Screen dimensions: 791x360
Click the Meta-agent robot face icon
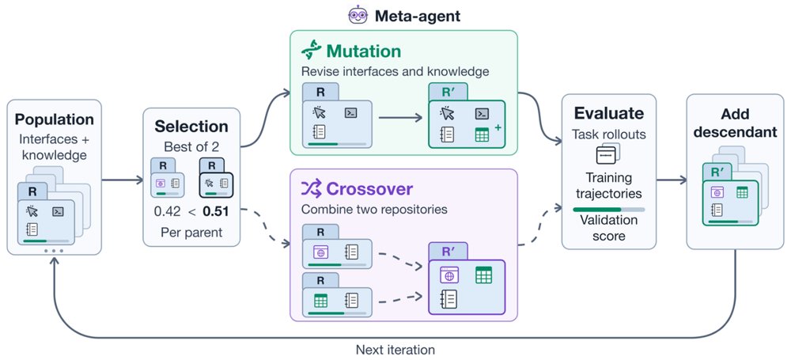tap(358, 15)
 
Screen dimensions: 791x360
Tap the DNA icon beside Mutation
tap(311, 50)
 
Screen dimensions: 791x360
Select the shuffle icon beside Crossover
tap(311, 189)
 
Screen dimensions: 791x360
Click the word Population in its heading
tap(54, 119)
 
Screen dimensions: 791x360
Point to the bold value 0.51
tap(215, 210)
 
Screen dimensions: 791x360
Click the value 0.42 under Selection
tap(167, 210)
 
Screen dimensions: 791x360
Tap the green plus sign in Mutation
tap(498, 128)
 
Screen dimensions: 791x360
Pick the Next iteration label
tap(395, 350)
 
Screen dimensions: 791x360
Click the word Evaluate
tap(609, 113)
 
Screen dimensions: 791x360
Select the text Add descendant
tap(735, 123)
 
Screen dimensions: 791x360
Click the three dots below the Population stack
tap(54, 251)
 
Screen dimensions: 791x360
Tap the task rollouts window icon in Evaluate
tap(608, 153)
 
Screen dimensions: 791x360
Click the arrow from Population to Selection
tap(123, 180)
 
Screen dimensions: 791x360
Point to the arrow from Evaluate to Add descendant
tap(672, 180)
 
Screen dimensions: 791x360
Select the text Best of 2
tap(191, 147)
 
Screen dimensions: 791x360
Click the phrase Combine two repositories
tap(374, 209)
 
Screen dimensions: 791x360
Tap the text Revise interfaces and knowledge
tap(395, 71)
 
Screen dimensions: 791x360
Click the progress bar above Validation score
tap(609, 209)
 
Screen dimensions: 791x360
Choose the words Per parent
tap(191, 233)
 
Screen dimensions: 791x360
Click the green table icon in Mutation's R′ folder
tap(483, 135)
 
